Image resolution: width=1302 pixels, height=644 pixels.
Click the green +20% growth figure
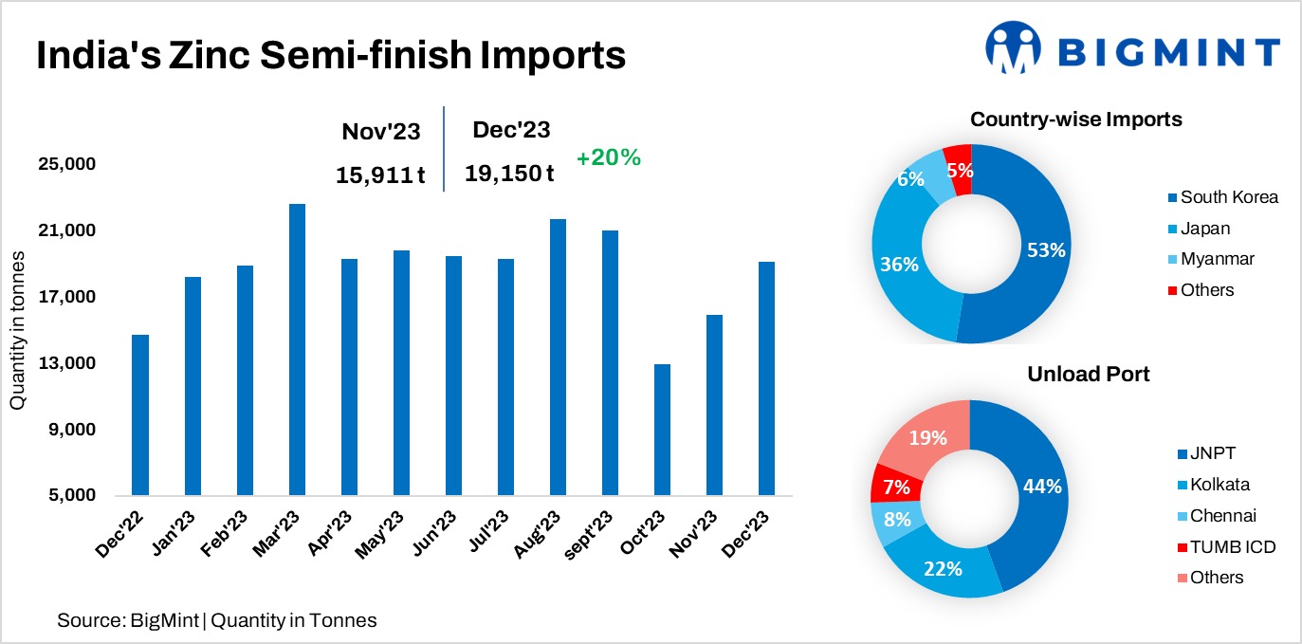(x=608, y=158)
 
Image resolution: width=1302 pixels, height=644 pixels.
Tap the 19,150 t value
(x=509, y=174)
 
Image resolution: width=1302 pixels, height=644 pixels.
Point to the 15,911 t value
(x=380, y=175)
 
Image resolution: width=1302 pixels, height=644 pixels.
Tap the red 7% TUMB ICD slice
(x=889, y=485)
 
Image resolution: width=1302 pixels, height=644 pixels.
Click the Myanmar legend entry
(x=1218, y=259)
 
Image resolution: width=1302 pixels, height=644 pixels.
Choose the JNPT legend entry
(x=1213, y=453)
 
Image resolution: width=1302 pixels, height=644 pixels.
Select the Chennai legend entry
(x=1222, y=515)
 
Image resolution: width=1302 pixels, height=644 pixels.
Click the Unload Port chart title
(x=1089, y=375)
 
